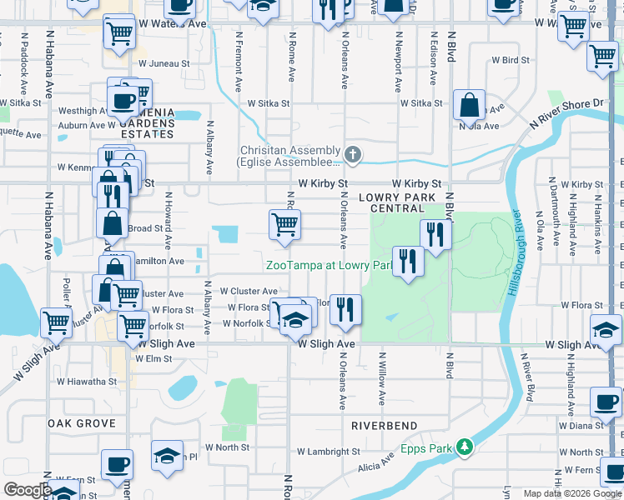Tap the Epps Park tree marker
465,448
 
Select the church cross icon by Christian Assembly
353,154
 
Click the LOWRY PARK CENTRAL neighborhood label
398,202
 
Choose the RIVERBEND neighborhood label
384,426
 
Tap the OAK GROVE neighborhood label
81,423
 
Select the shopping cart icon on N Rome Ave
284,224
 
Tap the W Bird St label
511,61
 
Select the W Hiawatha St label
93,382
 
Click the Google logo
28,490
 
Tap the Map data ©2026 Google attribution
571,493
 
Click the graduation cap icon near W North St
167,457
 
